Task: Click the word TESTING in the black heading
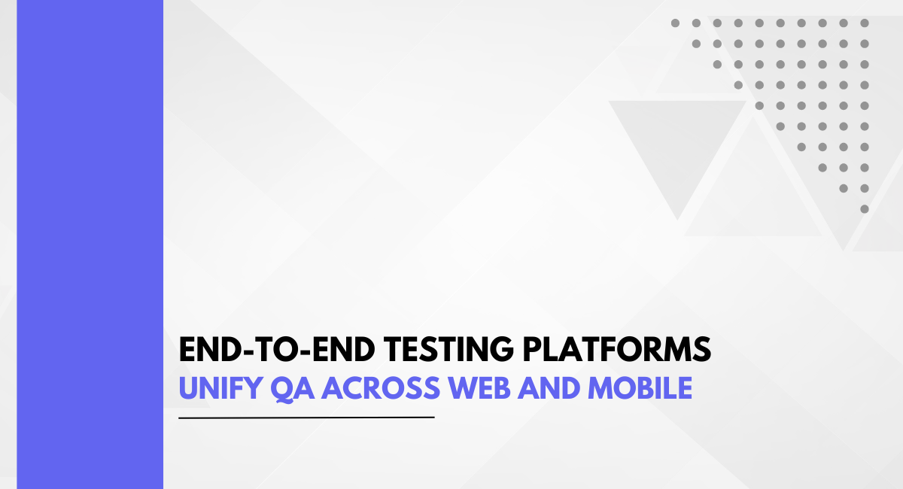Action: tap(448, 349)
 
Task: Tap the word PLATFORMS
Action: tap(617, 349)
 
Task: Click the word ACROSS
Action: tap(381, 388)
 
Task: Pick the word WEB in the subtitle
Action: tap(479, 388)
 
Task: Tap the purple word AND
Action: tap(549, 388)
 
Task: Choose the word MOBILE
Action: tap(640, 388)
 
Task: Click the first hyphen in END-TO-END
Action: tap(250, 351)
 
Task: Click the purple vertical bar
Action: tap(90, 244)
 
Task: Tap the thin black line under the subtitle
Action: tap(306, 418)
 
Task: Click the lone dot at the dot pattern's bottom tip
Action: tap(865, 209)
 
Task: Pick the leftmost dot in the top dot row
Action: tap(675, 23)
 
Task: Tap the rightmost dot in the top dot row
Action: tap(865, 23)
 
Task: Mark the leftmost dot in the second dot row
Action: tap(696, 44)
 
